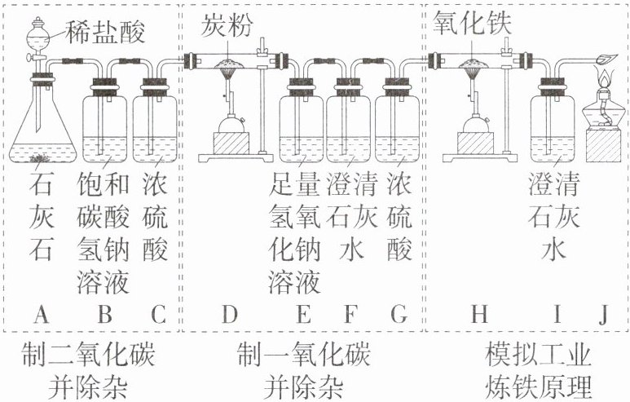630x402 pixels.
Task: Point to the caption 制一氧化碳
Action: (303, 356)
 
